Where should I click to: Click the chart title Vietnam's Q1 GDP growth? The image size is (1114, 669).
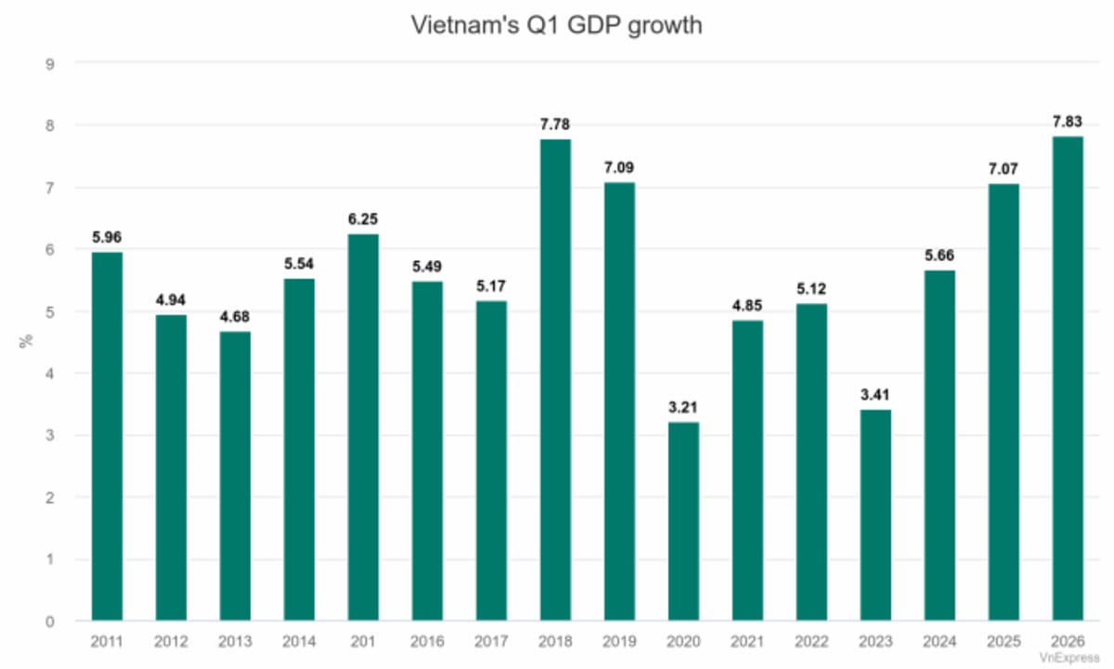(x=557, y=25)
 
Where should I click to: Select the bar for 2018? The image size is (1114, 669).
(x=555, y=381)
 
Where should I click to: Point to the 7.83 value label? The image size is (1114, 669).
(x=1067, y=122)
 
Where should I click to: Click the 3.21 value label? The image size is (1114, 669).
(x=683, y=408)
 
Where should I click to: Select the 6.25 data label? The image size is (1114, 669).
(x=363, y=219)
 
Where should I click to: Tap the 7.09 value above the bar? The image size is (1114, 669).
(x=619, y=167)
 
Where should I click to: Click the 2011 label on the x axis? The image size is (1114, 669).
(x=108, y=641)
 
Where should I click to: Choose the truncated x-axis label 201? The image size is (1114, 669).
(x=363, y=641)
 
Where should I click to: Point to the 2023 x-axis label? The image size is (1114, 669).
(x=874, y=641)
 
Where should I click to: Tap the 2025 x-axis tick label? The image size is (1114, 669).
(x=1003, y=641)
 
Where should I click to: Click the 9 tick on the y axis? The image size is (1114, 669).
(x=51, y=63)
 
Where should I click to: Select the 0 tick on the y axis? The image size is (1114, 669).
(x=51, y=621)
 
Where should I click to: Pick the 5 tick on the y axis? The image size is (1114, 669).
(x=51, y=311)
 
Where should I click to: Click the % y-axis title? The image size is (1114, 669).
(x=25, y=342)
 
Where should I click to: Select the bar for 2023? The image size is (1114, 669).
(x=874, y=516)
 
